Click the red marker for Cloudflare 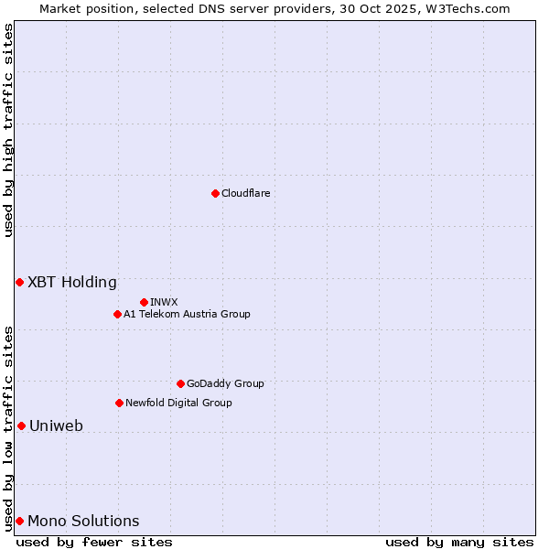tap(215, 193)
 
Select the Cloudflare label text tap(246, 193)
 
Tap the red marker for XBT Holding tap(19, 282)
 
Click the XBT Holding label tap(72, 282)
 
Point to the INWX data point tap(144, 302)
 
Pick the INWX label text tap(164, 302)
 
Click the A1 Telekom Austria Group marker tap(117, 314)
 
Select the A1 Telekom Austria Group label tap(187, 314)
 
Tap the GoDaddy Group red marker tap(180, 383)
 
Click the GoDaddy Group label tap(225, 383)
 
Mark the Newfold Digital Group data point tap(119, 403)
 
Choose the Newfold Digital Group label tap(178, 403)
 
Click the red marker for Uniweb tap(21, 425)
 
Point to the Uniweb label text tap(56, 425)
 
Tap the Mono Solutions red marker tap(19, 521)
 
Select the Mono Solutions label tap(83, 521)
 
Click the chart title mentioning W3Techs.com tap(274, 8)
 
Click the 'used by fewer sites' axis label tap(94, 542)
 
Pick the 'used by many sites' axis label tap(459, 542)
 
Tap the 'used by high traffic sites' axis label tap(8, 131)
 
